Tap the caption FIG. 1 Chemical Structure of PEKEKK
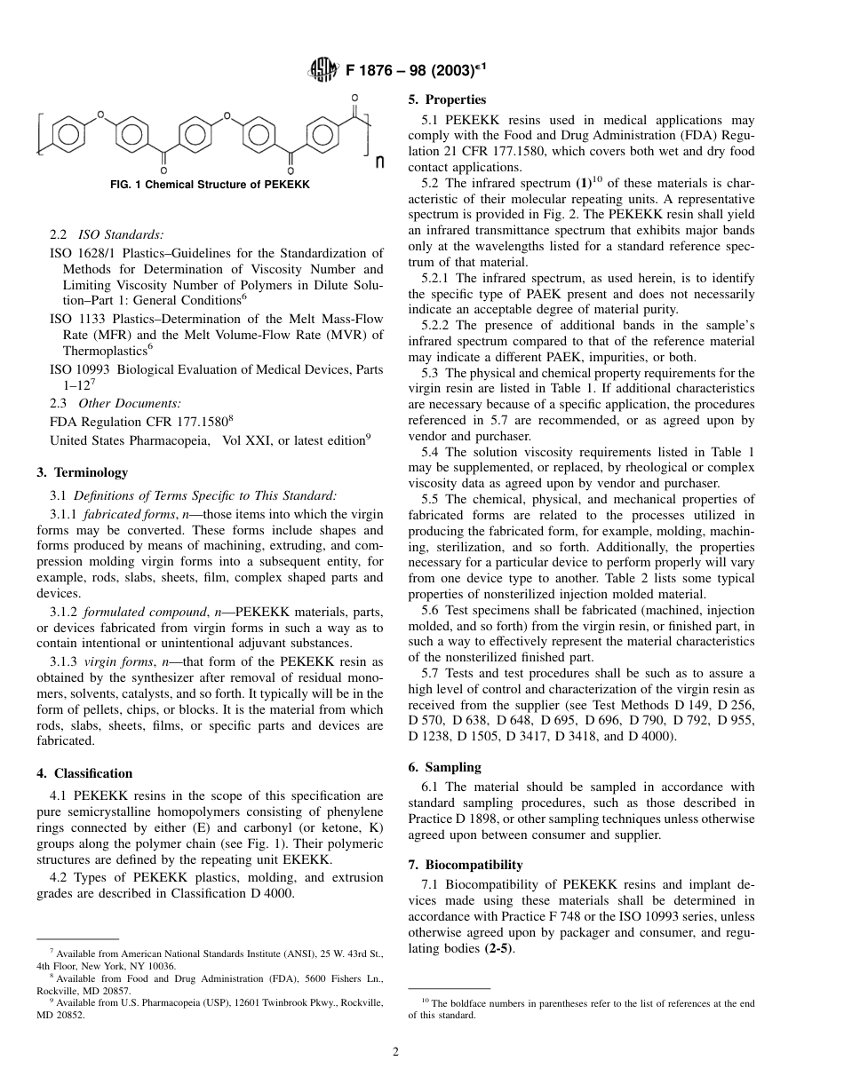tap(210, 185)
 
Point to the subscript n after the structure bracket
tap(380, 162)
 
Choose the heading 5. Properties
tap(447, 100)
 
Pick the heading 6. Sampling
tap(444, 767)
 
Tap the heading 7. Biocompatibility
tap(465, 865)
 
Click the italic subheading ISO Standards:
tap(121, 235)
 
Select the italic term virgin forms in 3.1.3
tap(114, 661)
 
